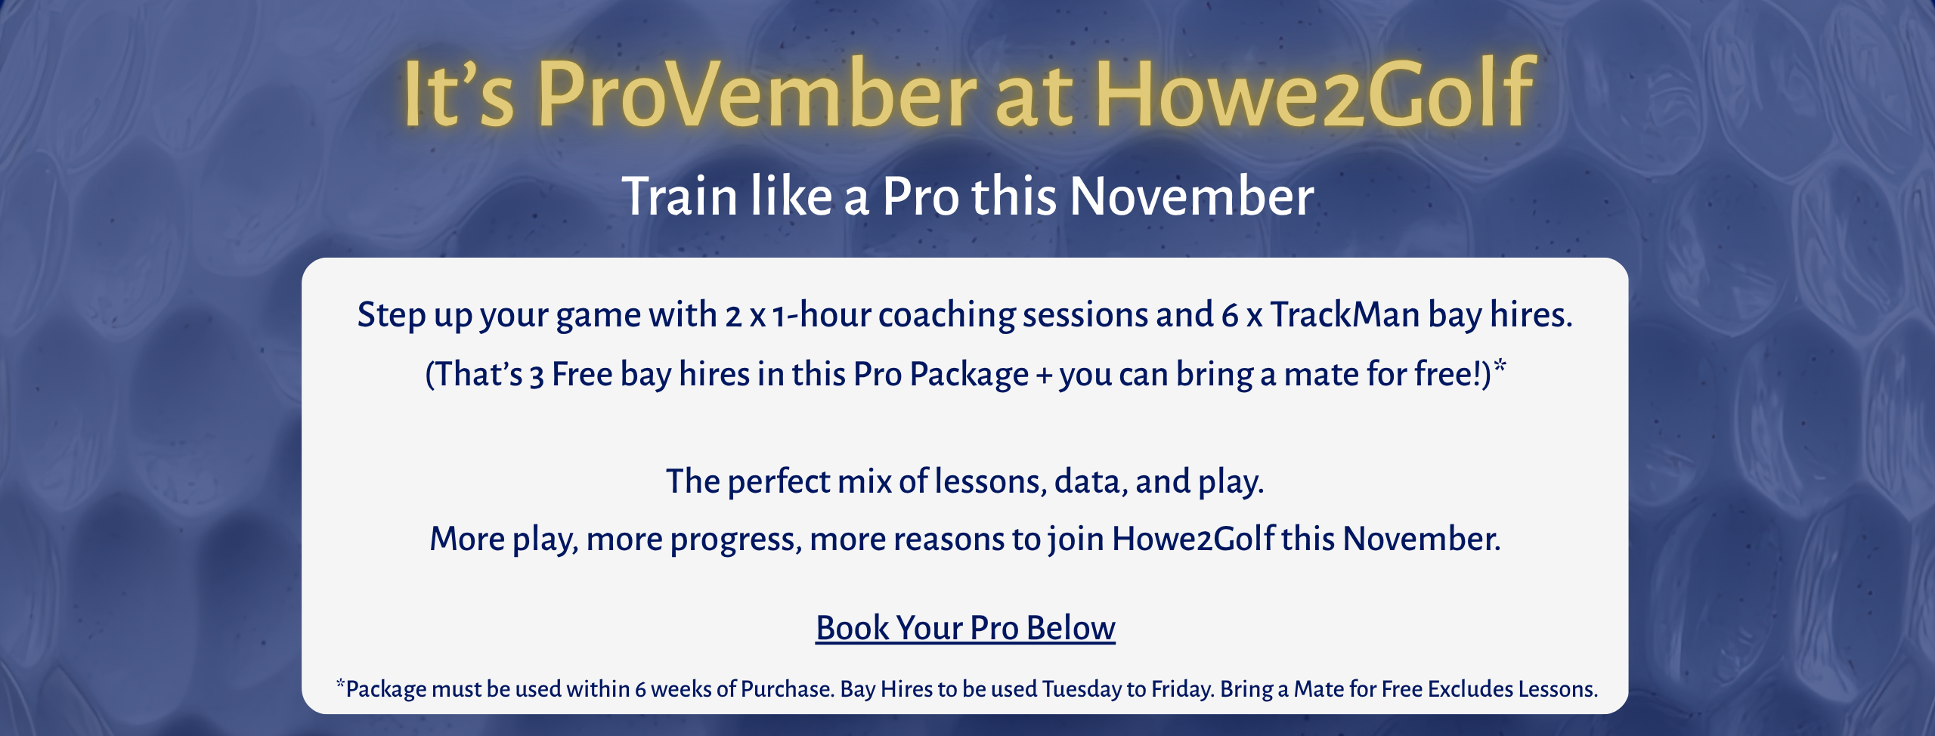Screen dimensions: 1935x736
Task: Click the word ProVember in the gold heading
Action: coord(757,94)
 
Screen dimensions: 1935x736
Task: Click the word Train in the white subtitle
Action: coord(680,196)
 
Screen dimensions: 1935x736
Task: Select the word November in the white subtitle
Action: coord(1192,196)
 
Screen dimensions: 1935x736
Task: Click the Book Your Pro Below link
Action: coord(965,628)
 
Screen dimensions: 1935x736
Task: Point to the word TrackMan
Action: coord(1345,314)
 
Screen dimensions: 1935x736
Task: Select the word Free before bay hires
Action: coord(582,374)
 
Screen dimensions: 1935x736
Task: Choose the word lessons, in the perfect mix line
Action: coord(991,481)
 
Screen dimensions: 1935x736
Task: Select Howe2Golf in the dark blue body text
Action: coord(1193,539)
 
